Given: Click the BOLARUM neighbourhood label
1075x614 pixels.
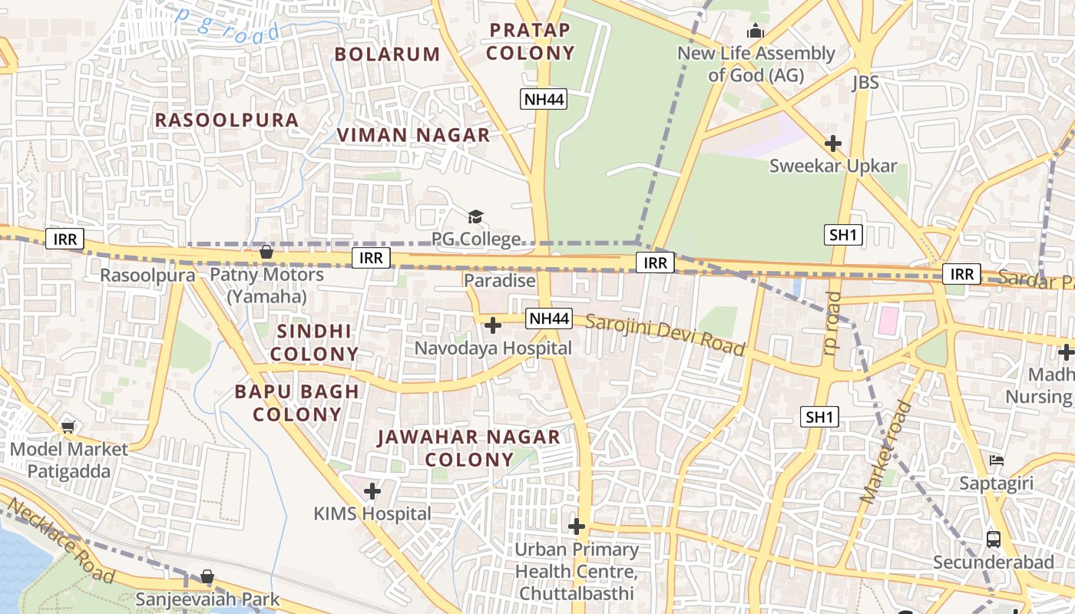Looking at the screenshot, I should tap(387, 54).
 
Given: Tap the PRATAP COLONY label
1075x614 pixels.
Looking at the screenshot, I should tap(530, 41).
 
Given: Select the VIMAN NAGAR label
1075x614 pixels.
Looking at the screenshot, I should tap(413, 135).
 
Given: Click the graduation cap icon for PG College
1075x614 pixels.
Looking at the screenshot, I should tap(476, 217).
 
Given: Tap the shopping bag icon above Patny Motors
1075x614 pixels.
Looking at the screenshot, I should tap(266, 252).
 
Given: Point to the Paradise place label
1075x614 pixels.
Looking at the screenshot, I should tap(499, 281).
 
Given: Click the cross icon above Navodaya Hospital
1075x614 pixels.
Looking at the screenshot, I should tap(493, 325).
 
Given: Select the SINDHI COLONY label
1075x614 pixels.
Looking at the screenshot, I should tap(315, 342).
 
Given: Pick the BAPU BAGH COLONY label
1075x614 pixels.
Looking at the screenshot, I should tap(297, 403).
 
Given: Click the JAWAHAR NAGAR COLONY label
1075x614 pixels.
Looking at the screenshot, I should tap(468, 448).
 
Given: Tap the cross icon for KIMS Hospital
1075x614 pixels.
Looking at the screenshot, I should tap(372, 490).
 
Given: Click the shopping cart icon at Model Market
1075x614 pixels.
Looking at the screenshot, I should tap(68, 427).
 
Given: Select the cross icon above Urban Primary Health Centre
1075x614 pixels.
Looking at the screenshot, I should tap(577, 527).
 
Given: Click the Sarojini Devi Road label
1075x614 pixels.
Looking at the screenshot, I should tap(665, 335).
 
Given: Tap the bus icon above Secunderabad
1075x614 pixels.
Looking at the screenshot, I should tap(994, 539).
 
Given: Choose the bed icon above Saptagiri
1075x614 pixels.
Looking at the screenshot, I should tap(997, 460).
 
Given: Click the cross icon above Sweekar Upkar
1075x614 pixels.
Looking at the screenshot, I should tap(833, 144).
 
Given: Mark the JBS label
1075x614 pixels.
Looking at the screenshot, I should tap(865, 82).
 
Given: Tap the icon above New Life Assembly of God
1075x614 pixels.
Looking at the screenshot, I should tap(756, 31).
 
